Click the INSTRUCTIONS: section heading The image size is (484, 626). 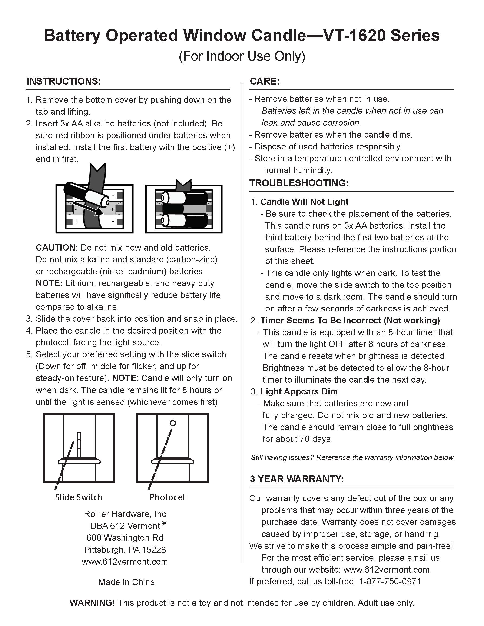[x=64, y=81]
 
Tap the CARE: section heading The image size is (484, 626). [x=265, y=81]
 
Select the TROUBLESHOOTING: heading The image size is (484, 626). [x=299, y=183]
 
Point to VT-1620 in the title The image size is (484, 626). [x=355, y=36]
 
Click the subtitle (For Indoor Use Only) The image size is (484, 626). [x=242, y=56]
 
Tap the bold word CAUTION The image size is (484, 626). [x=55, y=248]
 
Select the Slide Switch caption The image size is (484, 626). [x=79, y=497]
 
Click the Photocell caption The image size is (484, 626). [x=168, y=497]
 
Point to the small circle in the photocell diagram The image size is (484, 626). [x=173, y=423]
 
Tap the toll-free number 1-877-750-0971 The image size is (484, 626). [x=390, y=581]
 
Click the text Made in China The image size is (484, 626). [x=126, y=582]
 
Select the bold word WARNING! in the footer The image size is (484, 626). [x=92, y=603]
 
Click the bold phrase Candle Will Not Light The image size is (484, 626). [x=304, y=202]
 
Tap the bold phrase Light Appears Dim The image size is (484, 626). [x=299, y=391]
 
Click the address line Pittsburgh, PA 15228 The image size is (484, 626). [x=125, y=550]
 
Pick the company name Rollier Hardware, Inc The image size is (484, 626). [x=125, y=514]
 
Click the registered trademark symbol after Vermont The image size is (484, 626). [x=164, y=523]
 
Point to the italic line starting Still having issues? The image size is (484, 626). [x=353, y=457]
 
